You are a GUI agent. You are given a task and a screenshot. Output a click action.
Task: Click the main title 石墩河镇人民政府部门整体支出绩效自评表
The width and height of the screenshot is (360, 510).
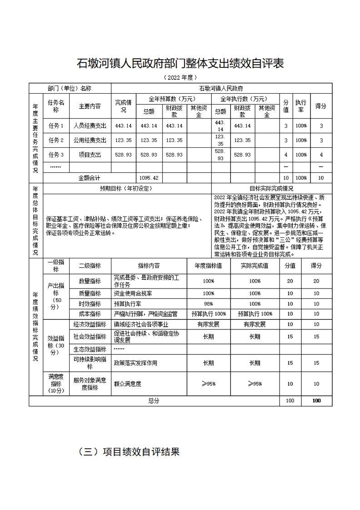tap(180, 63)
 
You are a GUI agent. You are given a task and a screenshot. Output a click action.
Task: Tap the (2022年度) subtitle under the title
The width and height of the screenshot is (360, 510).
tap(180, 77)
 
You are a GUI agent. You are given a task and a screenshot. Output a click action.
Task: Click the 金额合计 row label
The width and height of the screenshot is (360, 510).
tap(90, 178)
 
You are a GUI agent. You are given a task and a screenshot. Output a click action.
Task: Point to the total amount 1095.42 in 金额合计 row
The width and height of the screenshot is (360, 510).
tap(149, 178)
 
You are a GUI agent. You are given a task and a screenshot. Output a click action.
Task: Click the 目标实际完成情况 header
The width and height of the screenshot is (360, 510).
tap(271, 188)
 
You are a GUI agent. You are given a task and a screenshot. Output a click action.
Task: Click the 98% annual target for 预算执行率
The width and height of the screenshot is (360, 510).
tap(208, 304)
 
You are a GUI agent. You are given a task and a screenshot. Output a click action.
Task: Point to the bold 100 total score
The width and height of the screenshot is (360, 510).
tap(316, 401)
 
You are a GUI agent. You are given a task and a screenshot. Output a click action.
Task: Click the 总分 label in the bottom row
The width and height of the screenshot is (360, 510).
tap(154, 401)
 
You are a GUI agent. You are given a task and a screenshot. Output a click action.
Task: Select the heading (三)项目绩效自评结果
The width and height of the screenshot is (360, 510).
tap(129, 452)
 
